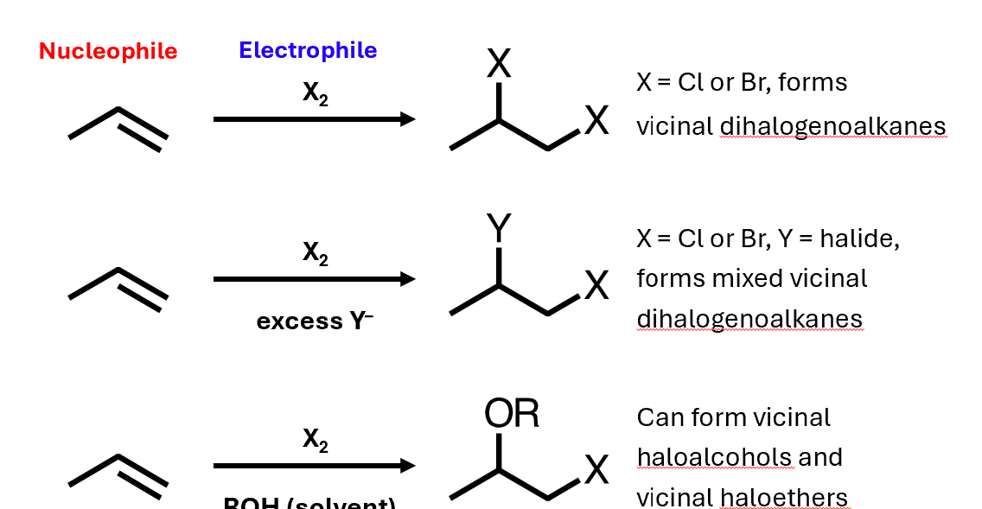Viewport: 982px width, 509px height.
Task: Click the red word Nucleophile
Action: (x=108, y=51)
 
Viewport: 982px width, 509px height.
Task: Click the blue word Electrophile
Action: (x=308, y=50)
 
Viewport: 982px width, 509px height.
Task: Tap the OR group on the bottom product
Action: (x=512, y=415)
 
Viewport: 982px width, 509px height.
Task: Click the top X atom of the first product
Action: (x=499, y=62)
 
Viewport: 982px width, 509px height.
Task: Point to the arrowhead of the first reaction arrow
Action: (x=408, y=119)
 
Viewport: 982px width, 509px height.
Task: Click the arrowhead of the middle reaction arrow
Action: (x=408, y=279)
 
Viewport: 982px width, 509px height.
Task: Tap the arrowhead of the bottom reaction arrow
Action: (x=408, y=466)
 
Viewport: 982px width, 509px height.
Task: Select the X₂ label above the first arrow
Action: (x=315, y=93)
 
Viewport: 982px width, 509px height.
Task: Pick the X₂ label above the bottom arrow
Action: (x=315, y=439)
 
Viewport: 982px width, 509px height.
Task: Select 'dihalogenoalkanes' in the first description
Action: (x=832, y=127)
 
